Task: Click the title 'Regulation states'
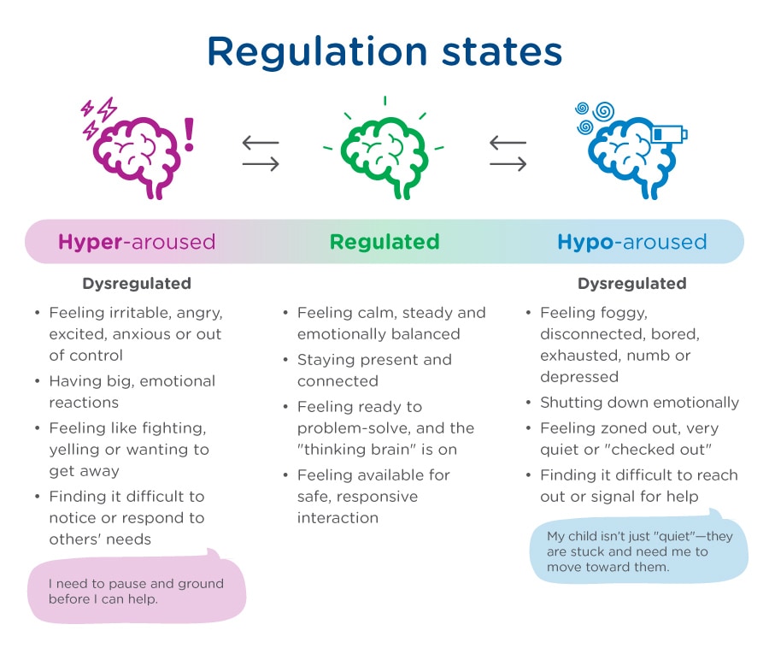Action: click(384, 51)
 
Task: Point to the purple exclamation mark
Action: click(189, 135)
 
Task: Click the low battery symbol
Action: click(670, 134)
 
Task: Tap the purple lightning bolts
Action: click(98, 117)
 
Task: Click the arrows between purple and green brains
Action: click(261, 154)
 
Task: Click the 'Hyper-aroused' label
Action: click(137, 242)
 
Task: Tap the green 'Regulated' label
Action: click(384, 242)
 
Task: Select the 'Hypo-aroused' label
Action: click(632, 242)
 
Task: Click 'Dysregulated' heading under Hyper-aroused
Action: click(137, 283)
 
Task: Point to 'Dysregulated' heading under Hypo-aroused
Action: click(631, 283)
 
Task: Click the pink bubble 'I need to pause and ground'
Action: click(137, 591)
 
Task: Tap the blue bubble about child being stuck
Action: click(639, 551)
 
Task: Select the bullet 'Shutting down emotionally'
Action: click(639, 403)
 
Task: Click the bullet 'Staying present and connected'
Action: click(374, 370)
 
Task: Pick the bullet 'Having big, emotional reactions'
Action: click(132, 392)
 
